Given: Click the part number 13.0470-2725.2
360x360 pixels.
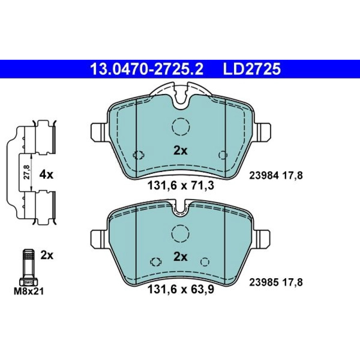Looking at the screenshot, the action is pos(147,69).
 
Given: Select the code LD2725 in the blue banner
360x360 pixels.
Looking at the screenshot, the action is pos(252,69).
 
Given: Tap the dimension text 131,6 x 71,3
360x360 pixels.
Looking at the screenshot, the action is pos(181,185).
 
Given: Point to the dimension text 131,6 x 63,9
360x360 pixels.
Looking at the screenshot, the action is pos(181,289).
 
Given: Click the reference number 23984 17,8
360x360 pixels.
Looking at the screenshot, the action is pos(276,176).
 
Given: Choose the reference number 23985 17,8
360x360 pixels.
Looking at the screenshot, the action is pos(276,282).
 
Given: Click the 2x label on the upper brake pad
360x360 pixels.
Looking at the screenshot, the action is pos(180,150).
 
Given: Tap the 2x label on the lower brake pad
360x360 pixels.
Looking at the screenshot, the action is pos(180,257).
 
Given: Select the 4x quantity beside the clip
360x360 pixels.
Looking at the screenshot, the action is pos(46,175).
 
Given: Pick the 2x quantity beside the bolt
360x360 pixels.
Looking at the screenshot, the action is pos(47,255).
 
